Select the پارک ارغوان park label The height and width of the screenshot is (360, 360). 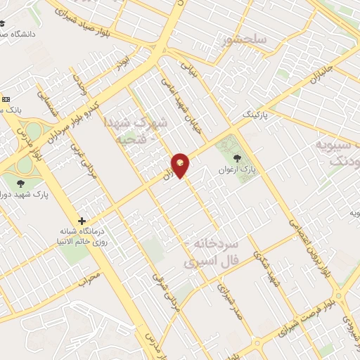click(236, 170)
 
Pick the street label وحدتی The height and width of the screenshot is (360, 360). click(80, 88)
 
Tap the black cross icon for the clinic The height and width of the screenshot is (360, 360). click(82, 221)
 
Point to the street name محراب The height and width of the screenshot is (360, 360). click(91, 280)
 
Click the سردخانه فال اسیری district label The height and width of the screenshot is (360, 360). click(214, 252)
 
